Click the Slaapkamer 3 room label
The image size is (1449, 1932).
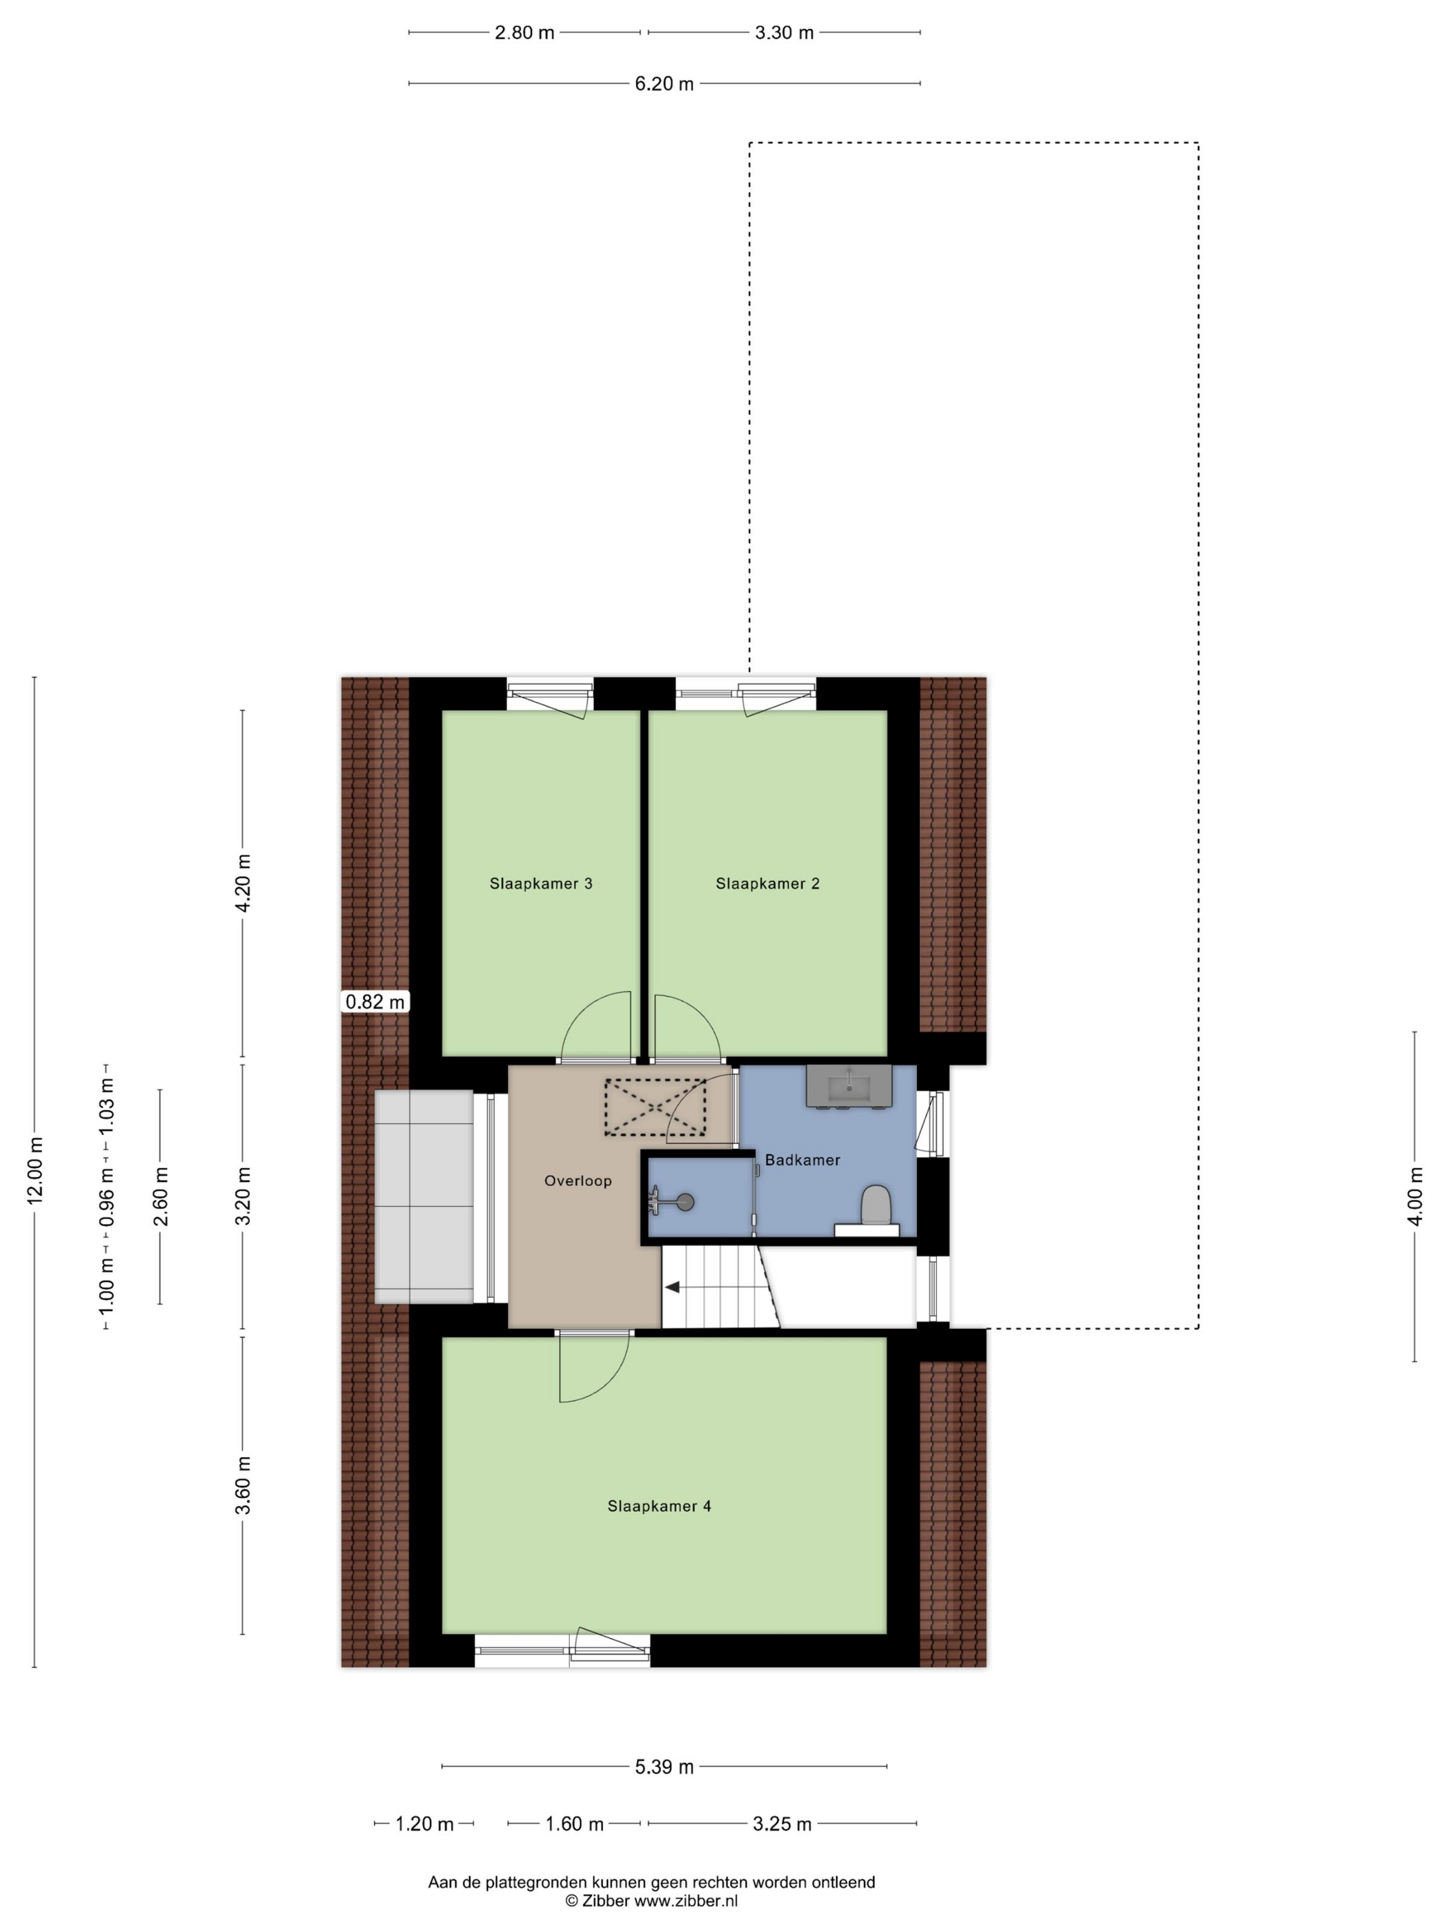(541, 884)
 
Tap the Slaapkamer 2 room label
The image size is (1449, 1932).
(768, 884)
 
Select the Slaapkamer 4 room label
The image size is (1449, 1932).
(660, 1507)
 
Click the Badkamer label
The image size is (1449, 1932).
(802, 1160)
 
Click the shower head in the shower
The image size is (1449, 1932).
(687, 1202)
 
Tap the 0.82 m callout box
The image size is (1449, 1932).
(375, 1002)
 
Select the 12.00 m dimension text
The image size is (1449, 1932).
(35, 1171)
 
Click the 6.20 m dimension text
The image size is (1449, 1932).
(664, 84)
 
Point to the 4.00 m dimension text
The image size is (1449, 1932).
(1416, 1196)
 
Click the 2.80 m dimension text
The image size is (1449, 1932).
(525, 33)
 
